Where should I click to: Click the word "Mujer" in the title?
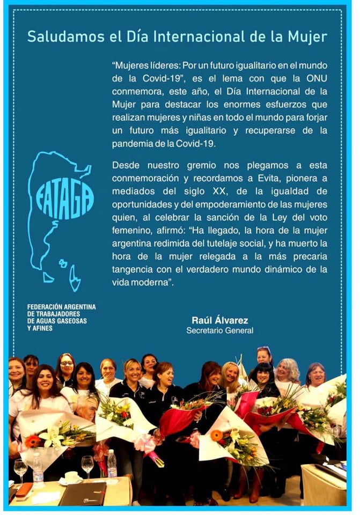click(308, 36)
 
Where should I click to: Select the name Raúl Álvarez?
click(219, 320)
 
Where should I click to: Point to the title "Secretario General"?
click(219, 330)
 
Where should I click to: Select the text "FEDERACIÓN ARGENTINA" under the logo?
click(61, 307)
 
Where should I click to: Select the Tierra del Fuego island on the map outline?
click(75, 278)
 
